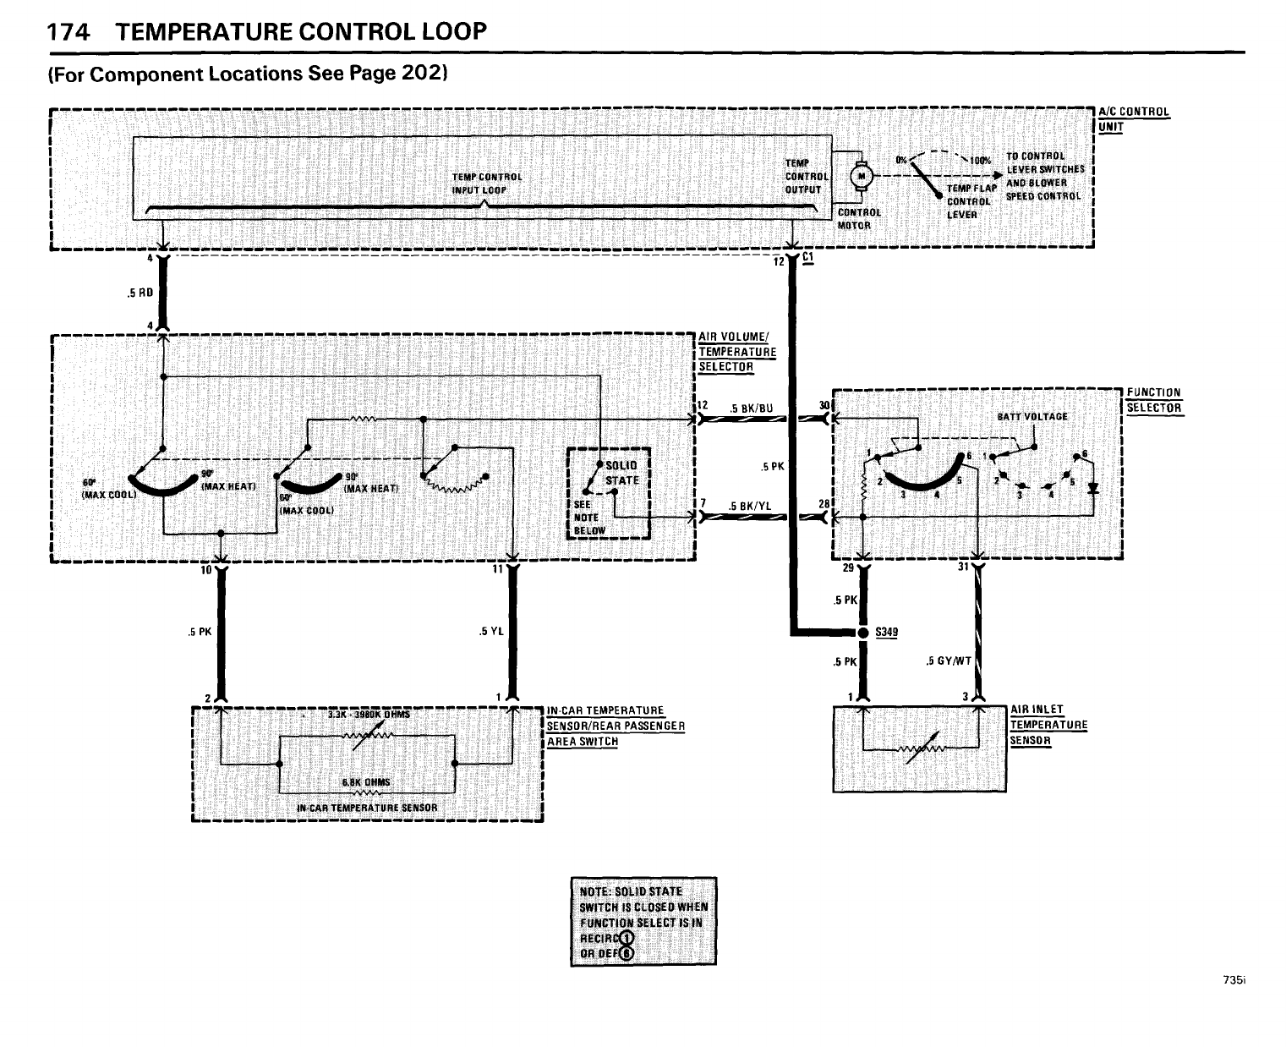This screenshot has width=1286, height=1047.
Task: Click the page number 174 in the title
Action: [x=68, y=32]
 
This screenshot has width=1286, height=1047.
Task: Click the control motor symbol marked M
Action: [x=863, y=176]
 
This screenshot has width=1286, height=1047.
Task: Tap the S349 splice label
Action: [x=886, y=632]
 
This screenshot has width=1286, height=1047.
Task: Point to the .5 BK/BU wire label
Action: [x=751, y=408]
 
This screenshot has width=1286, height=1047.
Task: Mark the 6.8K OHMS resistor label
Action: [x=366, y=781]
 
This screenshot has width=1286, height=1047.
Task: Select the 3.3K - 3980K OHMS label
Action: [x=368, y=715]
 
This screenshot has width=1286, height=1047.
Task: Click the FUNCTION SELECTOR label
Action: [x=1153, y=400]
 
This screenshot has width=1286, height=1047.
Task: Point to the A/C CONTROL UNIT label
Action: [x=1133, y=118]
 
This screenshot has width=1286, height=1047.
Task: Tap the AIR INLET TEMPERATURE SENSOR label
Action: [x=1048, y=725]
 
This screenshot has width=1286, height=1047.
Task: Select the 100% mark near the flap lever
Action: [x=980, y=159]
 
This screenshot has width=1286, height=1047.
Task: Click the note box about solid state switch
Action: [x=643, y=921]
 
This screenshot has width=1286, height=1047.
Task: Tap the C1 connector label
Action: [x=808, y=260]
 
